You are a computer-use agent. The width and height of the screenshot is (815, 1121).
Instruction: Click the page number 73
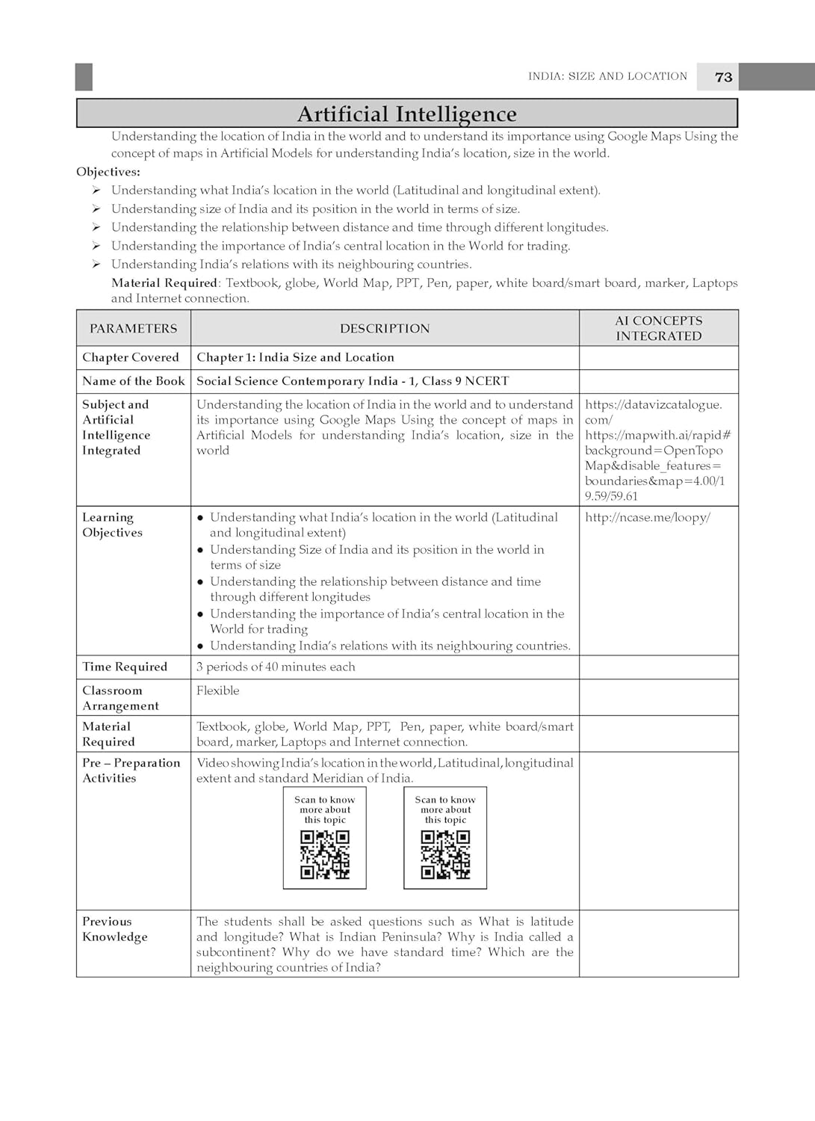click(723, 77)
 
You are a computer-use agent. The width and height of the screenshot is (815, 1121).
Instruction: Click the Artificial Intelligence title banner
click(406, 114)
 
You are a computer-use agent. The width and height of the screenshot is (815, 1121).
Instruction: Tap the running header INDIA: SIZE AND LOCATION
click(607, 76)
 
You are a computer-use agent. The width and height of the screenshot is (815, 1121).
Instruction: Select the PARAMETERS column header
click(134, 328)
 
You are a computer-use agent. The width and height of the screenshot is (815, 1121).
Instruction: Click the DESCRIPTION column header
click(385, 328)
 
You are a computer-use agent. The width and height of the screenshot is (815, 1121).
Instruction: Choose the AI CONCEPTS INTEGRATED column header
click(658, 328)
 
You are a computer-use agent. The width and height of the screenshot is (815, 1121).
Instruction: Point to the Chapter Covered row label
click(131, 357)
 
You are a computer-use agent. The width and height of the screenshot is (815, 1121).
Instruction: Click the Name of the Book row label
click(133, 381)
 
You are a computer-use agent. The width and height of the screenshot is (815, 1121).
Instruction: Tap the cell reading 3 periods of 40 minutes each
click(276, 667)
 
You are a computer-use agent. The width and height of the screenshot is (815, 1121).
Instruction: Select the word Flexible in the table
click(218, 691)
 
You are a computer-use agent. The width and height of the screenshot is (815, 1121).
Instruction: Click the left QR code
click(325, 854)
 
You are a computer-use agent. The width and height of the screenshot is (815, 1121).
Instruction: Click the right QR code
click(445, 854)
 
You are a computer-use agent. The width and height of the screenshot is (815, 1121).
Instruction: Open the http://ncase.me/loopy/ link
click(648, 517)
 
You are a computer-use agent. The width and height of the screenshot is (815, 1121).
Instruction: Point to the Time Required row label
click(125, 667)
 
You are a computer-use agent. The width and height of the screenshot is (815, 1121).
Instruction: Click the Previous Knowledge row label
click(115, 929)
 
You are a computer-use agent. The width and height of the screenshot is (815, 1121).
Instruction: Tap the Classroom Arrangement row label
click(120, 698)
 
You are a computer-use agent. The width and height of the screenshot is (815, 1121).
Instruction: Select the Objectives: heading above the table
click(108, 172)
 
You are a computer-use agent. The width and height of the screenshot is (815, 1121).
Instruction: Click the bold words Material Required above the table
click(164, 282)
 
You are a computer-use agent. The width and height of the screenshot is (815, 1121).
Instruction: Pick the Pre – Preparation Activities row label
click(131, 770)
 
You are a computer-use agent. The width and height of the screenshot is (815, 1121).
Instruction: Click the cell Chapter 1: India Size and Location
click(295, 357)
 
